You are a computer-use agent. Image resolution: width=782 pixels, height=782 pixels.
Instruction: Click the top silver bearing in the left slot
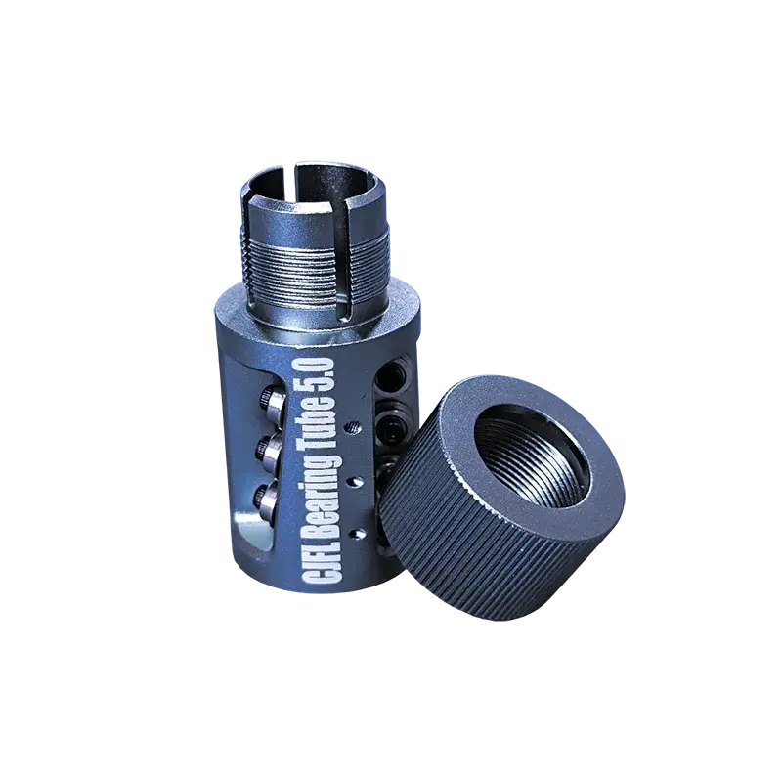click(x=270, y=402)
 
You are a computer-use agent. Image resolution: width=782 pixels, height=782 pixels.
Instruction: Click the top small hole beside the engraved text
click(x=355, y=427)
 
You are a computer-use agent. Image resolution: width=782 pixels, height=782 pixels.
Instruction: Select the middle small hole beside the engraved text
click(x=354, y=481)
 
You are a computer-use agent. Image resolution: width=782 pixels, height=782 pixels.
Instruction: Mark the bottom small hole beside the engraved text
click(x=354, y=534)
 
